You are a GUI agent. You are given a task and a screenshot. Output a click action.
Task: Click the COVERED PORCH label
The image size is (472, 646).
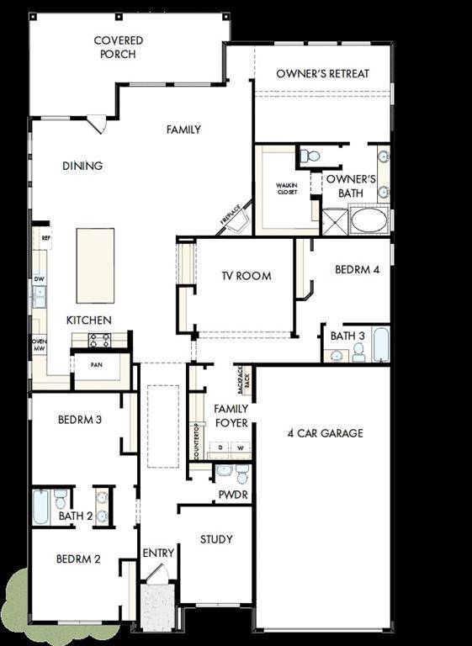coord(118,47)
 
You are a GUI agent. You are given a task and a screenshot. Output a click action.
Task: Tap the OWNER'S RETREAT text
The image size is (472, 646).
coord(322,74)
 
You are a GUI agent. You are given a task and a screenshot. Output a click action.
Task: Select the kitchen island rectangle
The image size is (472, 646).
coord(95,265)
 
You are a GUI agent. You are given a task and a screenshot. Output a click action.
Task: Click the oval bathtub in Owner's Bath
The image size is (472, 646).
coord(369,220)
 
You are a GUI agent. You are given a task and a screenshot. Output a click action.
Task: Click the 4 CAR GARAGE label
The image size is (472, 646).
coord(325,433)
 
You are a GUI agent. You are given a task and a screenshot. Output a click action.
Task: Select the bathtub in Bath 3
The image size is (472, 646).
coord(381,344)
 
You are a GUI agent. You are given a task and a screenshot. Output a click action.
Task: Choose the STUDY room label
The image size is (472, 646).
coord(216,539)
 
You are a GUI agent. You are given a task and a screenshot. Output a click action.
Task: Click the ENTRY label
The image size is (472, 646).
coord(158,553)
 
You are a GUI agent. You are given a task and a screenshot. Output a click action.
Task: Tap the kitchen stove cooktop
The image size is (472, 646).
coord(100,340)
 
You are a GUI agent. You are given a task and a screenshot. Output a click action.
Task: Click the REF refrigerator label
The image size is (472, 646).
coord(45,238)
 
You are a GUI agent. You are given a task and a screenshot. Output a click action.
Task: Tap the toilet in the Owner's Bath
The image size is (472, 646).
coord(310,156)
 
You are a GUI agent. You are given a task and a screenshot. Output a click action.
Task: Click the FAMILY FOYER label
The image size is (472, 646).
coord(231,416)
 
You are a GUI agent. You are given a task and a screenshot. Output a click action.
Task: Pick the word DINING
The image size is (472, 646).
coord(82,166)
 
